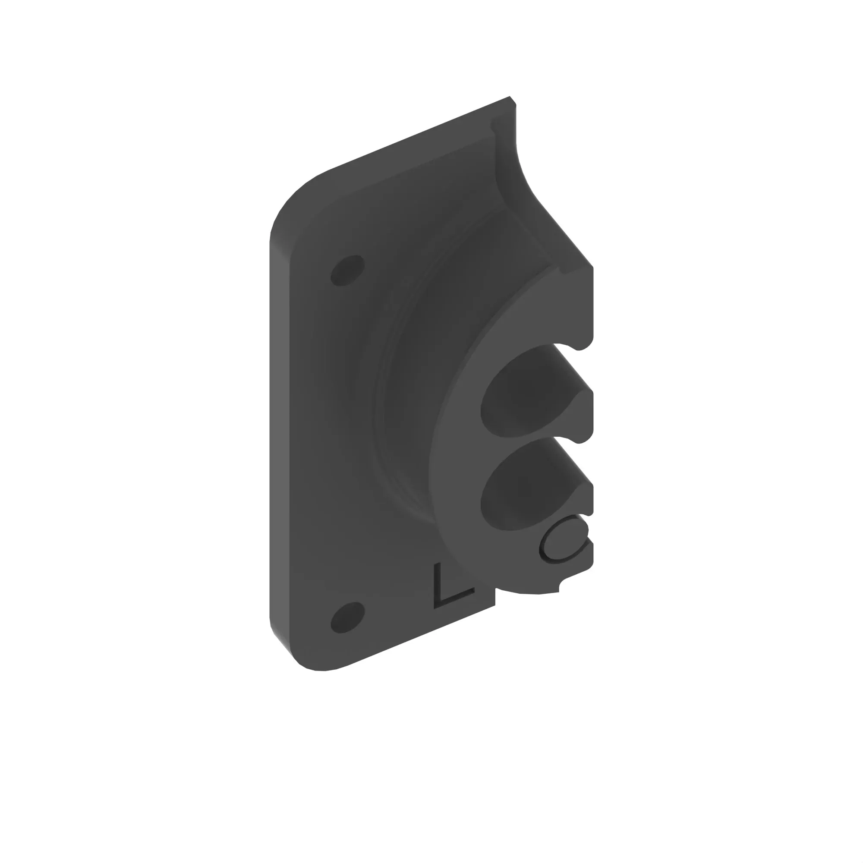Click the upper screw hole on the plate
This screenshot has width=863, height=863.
347,270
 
